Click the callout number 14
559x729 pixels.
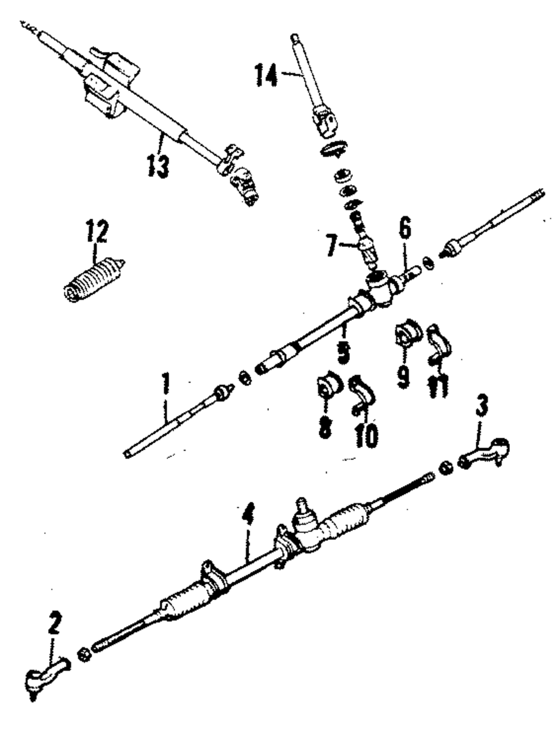pyautogui.click(x=266, y=75)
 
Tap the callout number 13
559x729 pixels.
pyautogui.click(x=158, y=166)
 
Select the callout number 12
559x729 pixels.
pyautogui.click(x=97, y=231)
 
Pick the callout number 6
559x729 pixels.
pyautogui.click(x=405, y=229)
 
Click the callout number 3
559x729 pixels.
pyautogui.click(x=482, y=408)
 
